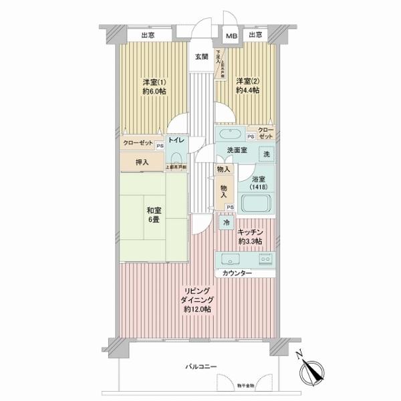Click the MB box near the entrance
coord(230,37)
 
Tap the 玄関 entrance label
coord(200,56)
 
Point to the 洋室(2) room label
coord(247,86)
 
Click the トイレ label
coord(177,140)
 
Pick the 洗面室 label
coord(237,150)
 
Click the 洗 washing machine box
coord(267,153)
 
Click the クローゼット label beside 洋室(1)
coord(138,143)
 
